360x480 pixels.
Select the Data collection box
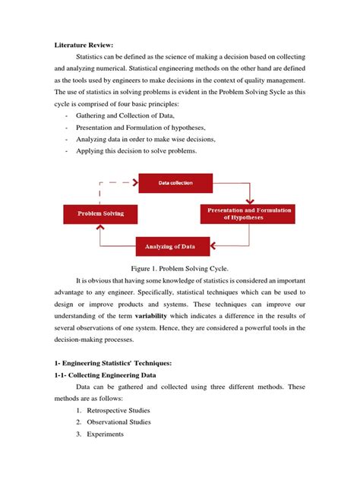pyautogui.click(x=175, y=183)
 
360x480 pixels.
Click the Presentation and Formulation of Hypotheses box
pyautogui.click(x=247, y=213)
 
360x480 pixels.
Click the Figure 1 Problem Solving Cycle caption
pyautogui.click(x=179, y=269)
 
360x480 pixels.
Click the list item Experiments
pyautogui.click(x=107, y=434)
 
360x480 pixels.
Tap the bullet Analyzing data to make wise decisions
pyautogui.click(x=150, y=139)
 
